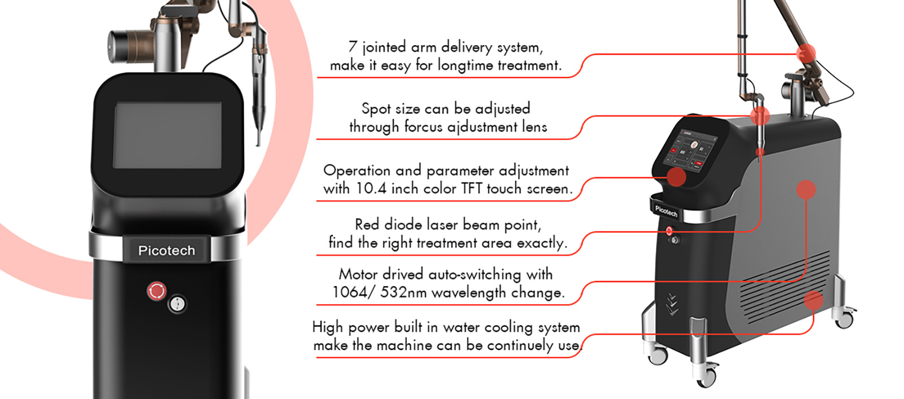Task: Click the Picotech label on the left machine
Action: pos(167,250)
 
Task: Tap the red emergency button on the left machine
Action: pos(157,291)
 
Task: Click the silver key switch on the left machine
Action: pos(177,304)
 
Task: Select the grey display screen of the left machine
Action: pos(167,135)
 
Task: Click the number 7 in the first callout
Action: pos(353,47)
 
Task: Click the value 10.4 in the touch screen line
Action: pos(371,188)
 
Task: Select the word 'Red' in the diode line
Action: pos(367,224)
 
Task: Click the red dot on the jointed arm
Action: pos(806,54)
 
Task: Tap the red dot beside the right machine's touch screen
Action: pos(676,177)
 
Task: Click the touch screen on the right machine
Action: pos(690,151)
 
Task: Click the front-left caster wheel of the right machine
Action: pos(657,356)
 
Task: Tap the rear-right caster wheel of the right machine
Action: pos(844,319)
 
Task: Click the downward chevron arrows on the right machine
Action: pos(672,304)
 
